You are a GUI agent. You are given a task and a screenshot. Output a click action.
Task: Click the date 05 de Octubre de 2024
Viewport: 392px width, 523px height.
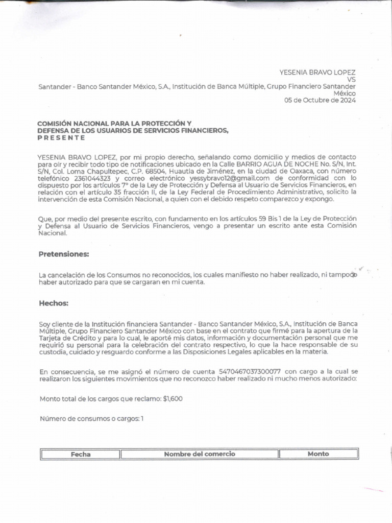320,100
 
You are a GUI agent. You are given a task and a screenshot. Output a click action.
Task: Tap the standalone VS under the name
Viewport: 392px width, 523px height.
351,80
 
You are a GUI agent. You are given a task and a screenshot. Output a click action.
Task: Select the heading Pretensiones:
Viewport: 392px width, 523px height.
64,254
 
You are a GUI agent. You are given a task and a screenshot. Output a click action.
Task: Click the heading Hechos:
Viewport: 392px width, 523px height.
54,303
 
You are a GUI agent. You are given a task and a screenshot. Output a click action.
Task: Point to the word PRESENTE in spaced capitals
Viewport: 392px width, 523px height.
61,138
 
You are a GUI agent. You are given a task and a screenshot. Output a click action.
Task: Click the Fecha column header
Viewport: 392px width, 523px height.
81,454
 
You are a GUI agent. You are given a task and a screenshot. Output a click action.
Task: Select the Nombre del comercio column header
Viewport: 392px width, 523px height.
200,454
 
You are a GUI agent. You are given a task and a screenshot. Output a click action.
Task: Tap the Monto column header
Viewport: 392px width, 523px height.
318,454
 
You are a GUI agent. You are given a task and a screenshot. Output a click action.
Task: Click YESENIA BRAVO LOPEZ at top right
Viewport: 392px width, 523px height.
317,73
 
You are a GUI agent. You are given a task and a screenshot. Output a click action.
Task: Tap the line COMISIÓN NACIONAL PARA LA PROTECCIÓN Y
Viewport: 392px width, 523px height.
114,124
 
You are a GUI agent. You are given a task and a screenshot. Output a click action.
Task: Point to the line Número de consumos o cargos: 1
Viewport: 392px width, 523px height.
92,419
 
